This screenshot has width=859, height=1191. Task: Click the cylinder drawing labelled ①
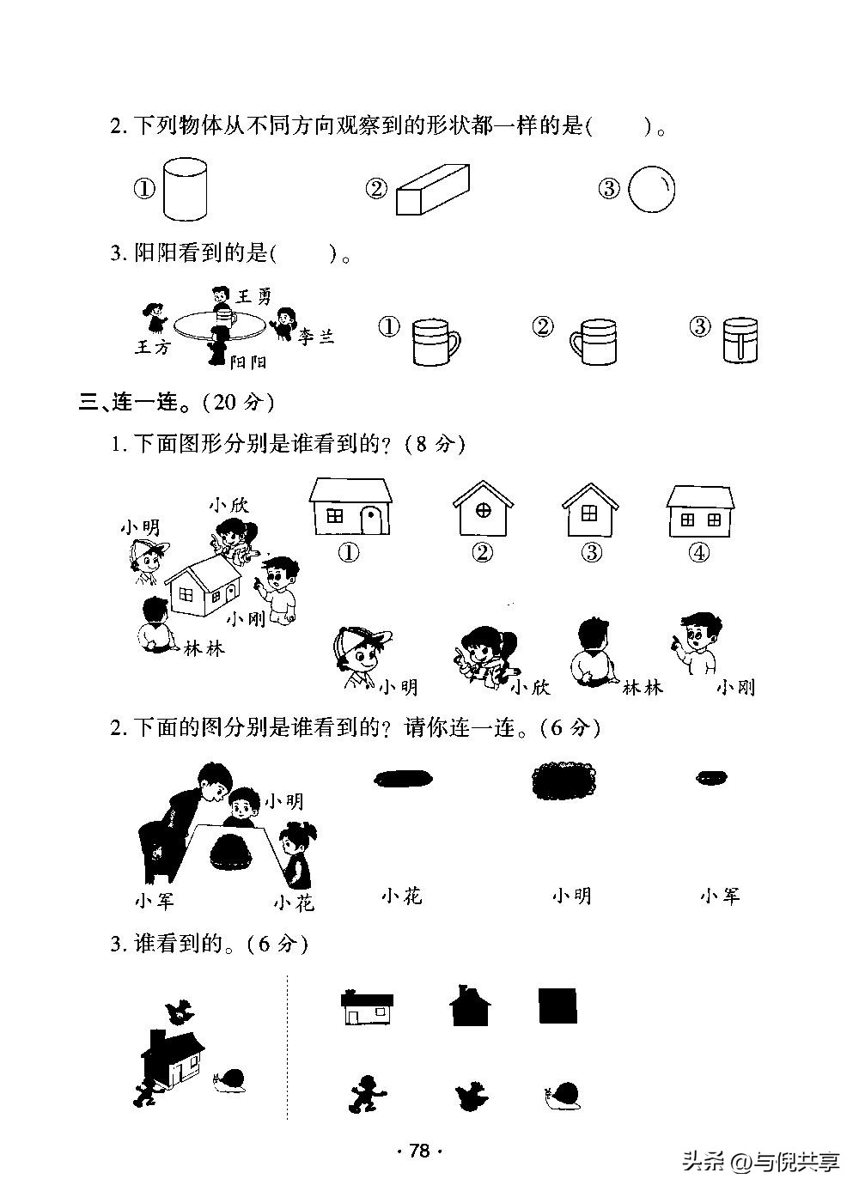point(184,188)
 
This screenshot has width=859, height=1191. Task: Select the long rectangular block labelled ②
point(432,190)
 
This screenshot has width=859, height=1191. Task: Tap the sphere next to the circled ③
point(651,188)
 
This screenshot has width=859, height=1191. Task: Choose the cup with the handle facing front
point(740,340)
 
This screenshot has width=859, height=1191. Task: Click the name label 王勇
point(254,297)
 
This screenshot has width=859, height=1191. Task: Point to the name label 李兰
point(315,336)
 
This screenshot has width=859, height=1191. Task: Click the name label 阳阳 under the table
point(248,362)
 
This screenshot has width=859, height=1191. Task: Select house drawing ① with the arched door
point(350,508)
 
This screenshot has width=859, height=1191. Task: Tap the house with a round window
point(483,509)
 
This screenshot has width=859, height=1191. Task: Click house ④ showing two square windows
point(700,511)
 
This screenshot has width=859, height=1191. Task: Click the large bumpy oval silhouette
point(564,780)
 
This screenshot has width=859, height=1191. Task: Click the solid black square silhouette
point(557,1006)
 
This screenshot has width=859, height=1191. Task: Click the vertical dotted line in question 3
point(287,1048)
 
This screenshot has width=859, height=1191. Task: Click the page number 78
point(418,1151)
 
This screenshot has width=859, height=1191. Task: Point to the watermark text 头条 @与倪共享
point(760,1163)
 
